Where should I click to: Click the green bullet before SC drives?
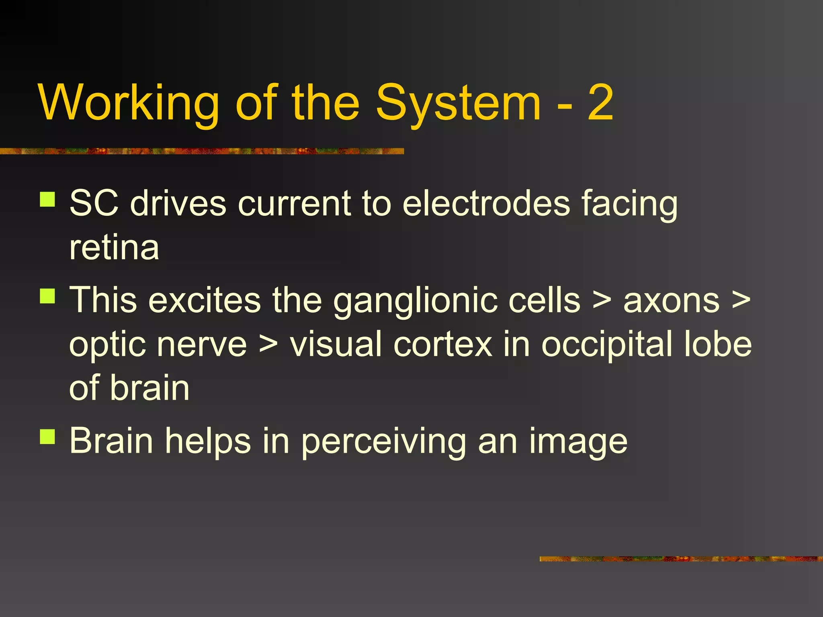(47, 199)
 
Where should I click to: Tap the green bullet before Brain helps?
(47, 437)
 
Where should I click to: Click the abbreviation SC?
(94, 203)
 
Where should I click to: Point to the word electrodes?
(486, 203)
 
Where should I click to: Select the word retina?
(114, 247)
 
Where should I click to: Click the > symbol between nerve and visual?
(268, 345)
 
